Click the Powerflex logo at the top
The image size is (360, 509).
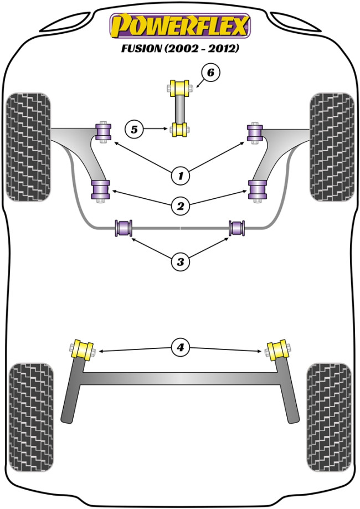[x=180, y=25]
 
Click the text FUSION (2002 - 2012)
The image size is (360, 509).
[x=180, y=48]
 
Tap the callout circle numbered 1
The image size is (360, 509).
[x=180, y=176]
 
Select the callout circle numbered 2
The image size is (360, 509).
[x=180, y=207]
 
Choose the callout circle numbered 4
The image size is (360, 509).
[x=180, y=348]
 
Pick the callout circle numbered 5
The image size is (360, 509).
[x=134, y=130]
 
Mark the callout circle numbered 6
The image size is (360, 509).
[x=210, y=73]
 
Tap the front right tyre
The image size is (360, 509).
[x=332, y=146]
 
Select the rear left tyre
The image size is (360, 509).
[x=32, y=417]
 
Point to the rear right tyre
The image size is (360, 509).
[x=328, y=417]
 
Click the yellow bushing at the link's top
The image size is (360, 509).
[x=180, y=87]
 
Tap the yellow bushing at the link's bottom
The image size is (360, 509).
[x=180, y=130]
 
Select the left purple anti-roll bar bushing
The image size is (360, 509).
[x=124, y=228]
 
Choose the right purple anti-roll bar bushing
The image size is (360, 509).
[x=238, y=228]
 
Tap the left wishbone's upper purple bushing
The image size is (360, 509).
[x=104, y=131]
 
